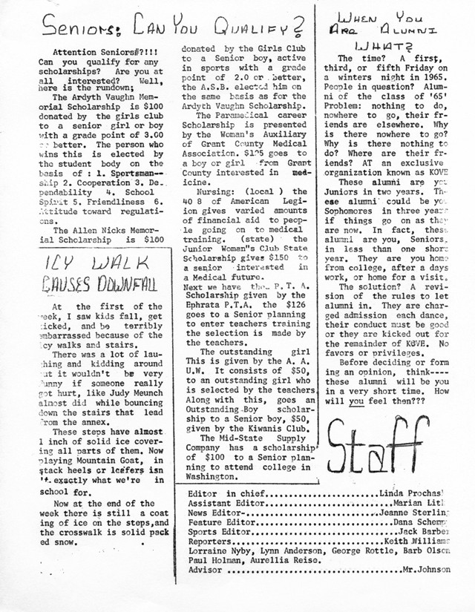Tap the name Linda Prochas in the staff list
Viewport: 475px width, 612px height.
point(418,493)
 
